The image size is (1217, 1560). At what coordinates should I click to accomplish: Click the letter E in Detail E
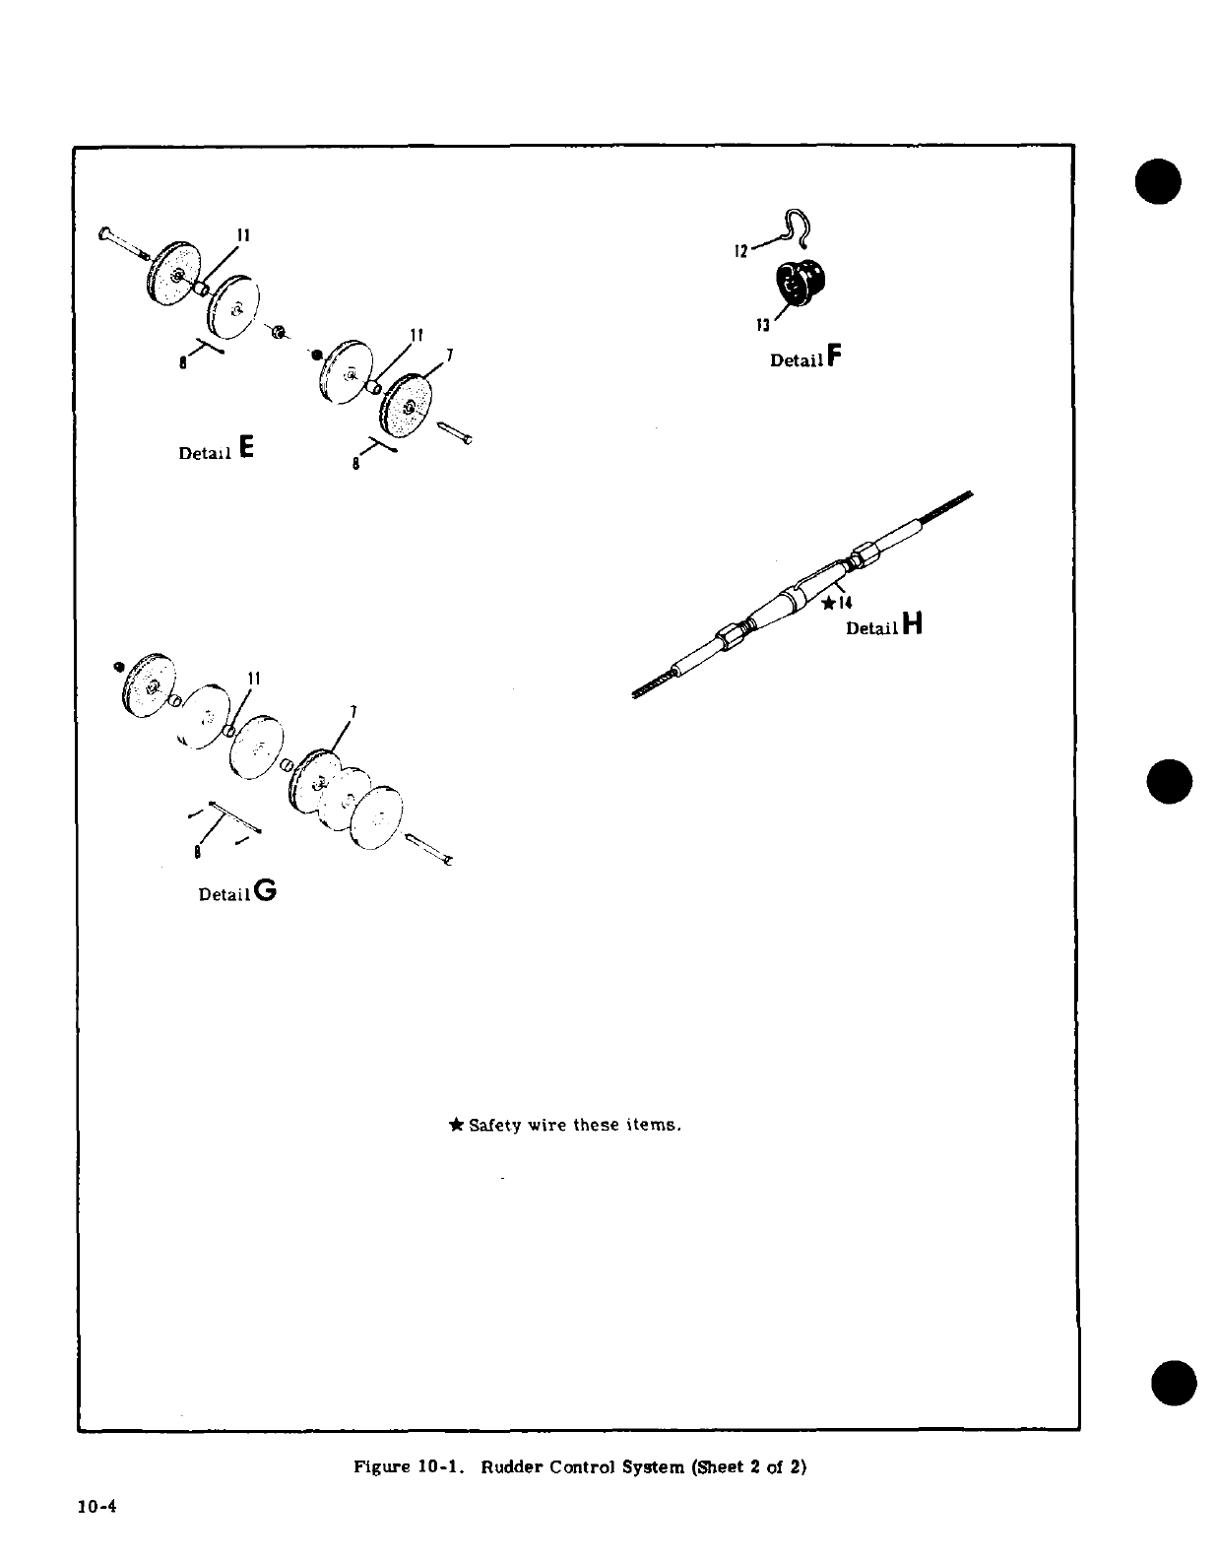(245, 448)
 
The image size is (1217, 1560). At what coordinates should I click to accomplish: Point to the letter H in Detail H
(912, 623)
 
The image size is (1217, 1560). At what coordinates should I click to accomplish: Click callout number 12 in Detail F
(741, 251)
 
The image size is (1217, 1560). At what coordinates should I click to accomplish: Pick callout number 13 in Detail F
(762, 324)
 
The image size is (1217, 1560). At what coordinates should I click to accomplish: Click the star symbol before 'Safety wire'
(456, 1124)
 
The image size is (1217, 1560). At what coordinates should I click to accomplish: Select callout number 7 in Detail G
(352, 712)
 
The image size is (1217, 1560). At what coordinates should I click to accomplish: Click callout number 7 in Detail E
(449, 356)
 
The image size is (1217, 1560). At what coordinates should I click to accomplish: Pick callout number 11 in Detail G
(253, 679)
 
